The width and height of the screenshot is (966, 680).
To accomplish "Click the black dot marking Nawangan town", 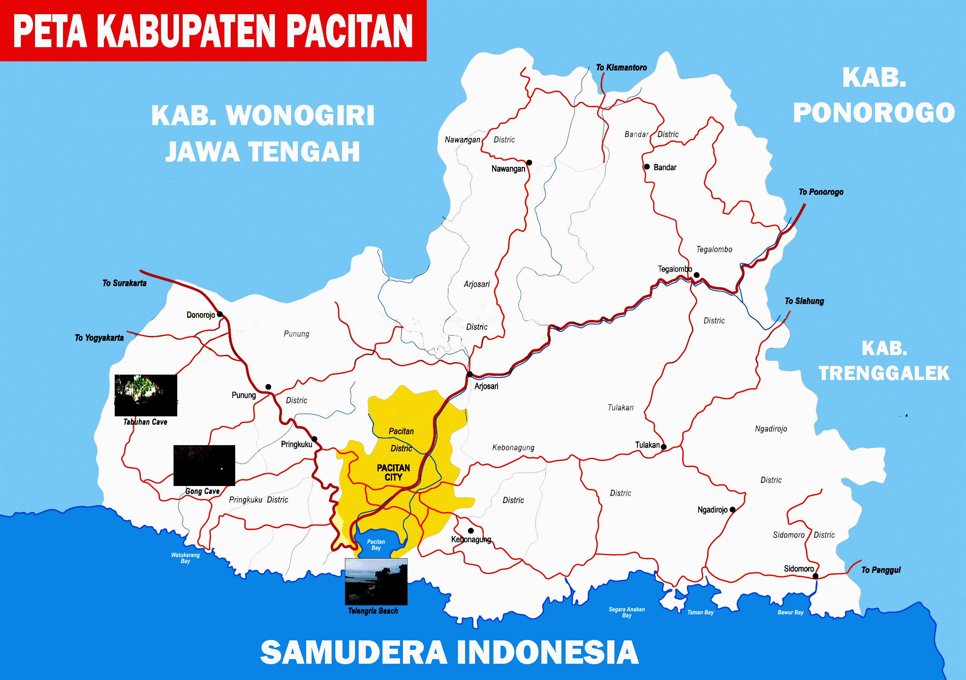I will tap(529, 162).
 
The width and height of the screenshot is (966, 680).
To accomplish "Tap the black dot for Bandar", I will tap(647, 166).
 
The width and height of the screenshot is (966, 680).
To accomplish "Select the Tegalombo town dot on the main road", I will tap(696, 275).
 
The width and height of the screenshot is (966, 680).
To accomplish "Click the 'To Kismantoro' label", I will tap(621, 67).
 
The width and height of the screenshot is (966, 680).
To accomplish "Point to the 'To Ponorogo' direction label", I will tap(821, 192).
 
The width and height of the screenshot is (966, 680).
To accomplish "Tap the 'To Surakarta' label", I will tap(125, 283).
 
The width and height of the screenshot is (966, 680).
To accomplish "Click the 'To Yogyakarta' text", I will tap(99, 337).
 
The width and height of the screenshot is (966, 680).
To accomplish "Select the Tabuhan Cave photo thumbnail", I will tap(146, 395).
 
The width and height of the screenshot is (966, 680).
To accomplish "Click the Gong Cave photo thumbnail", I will tap(204, 466).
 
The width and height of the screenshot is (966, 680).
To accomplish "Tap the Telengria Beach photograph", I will tap(376, 582).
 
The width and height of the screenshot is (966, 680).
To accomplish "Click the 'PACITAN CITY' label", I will tap(393, 472).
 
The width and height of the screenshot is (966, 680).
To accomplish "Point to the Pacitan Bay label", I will tap(376, 544).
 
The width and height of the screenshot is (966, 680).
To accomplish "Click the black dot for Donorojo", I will tap(220, 314).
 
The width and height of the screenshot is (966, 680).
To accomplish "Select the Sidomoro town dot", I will tap(815, 576).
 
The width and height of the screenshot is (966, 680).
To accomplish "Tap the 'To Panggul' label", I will tap(881, 570).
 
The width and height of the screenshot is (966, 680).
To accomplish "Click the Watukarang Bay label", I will tap(185, 558).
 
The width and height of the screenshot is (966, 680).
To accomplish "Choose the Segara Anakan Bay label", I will tap(626, 612).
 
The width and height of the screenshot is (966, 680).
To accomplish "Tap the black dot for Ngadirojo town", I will tap(732, 509).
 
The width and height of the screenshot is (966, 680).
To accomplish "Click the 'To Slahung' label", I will tap(804, 301).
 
